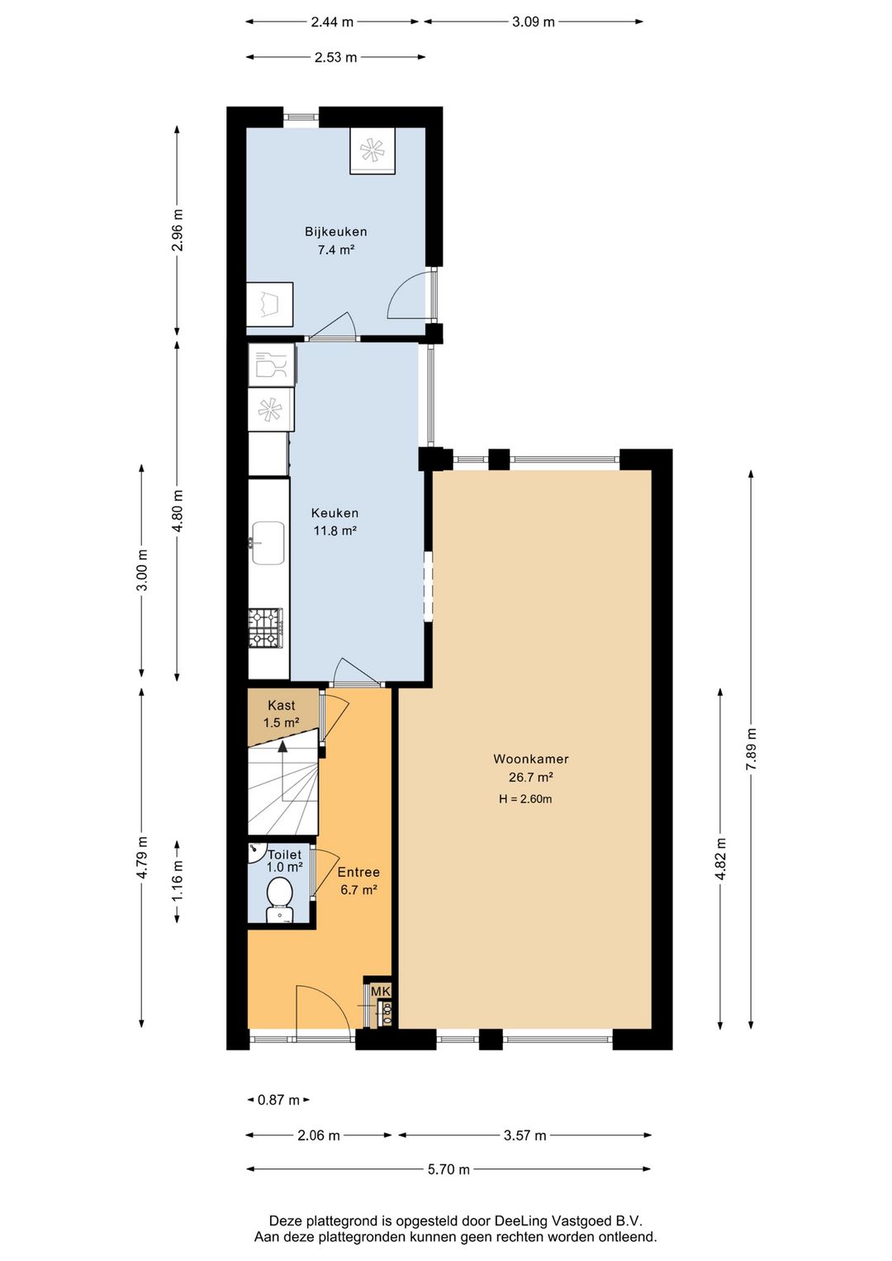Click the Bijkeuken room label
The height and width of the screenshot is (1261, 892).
pos(335,231)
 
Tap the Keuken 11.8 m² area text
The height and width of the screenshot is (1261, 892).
pos(334,531)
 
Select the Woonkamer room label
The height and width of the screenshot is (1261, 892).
pos(530,759)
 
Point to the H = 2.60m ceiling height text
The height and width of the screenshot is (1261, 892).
pos(525,799)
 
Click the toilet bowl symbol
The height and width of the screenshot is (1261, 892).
pos(279,897)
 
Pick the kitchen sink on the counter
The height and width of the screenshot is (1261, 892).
pos(268,543)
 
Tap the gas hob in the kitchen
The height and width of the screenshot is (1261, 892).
pos(266,628)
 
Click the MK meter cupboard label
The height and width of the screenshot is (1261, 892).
pos(380,991)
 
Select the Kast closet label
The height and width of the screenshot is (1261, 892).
pos(281,705)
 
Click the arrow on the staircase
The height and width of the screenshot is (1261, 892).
pos(283,746)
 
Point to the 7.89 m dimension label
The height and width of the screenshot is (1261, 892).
pos(751,749)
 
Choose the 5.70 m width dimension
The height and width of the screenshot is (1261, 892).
pos(448,1169)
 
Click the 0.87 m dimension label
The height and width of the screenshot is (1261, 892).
pos(278,1100)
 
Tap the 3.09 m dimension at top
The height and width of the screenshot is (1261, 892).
pos(533,21)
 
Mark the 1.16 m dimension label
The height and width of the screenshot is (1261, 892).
pos(178,882)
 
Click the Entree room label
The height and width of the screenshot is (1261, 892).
pos(358,872)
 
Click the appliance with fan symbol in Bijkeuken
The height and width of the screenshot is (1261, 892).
pos(372,150)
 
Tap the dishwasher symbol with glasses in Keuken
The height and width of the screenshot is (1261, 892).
pos(271,364)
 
